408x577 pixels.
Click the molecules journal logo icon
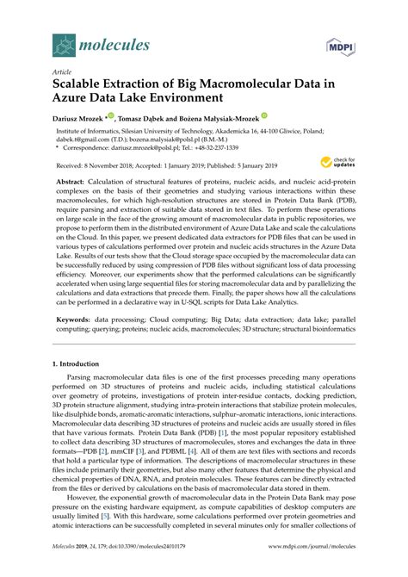pyautogui.click(x=64, y=39)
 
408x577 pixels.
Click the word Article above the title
pyautogui.click(x=63, y=73)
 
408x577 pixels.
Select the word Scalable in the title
pyautogui.click(x=84, y=86)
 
